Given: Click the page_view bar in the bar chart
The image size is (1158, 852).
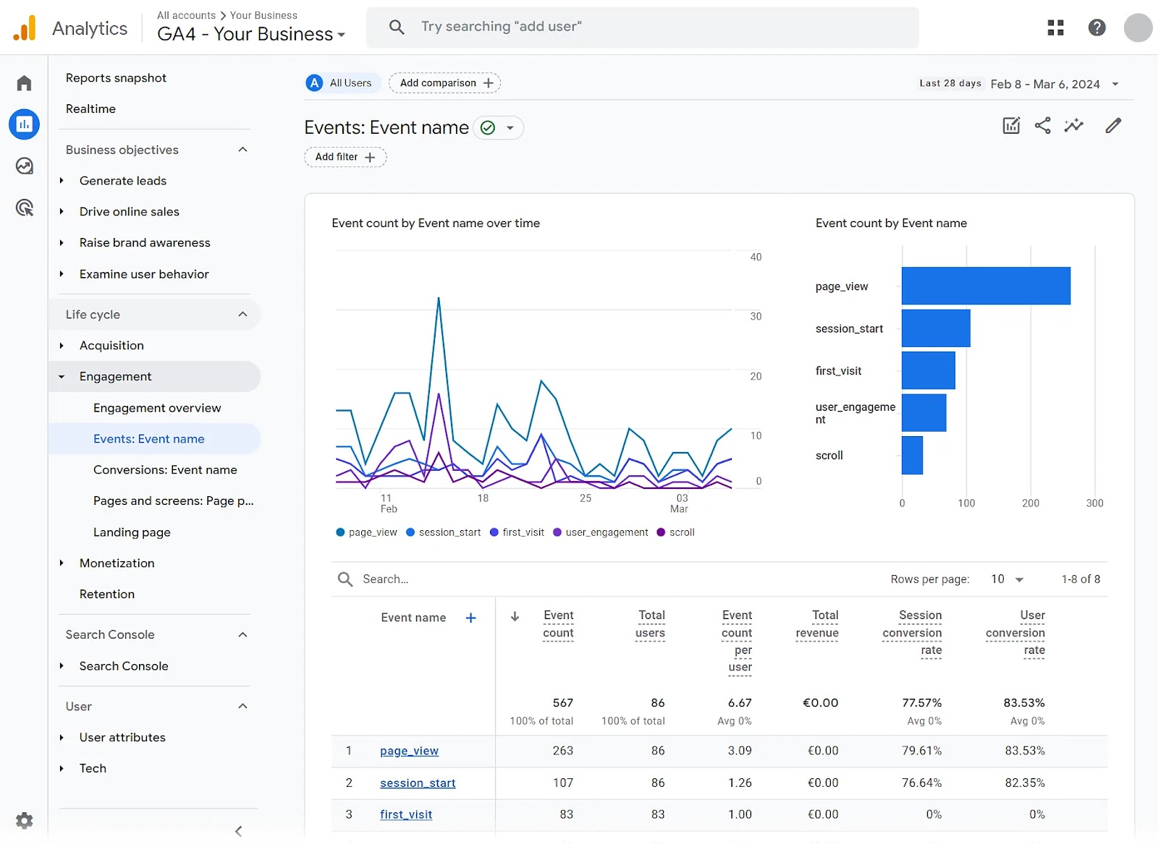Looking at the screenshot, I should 985,286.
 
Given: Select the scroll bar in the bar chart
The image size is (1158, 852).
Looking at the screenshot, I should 912,455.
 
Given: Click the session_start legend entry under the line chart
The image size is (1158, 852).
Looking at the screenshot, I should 444,532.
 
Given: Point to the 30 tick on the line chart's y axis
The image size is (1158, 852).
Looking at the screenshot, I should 756,316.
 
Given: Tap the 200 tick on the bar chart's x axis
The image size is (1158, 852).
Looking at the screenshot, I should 1030,503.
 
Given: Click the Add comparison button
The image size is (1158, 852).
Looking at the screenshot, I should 444,83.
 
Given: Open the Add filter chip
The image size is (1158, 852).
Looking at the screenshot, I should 345,157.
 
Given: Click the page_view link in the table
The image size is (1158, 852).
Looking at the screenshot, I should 409,751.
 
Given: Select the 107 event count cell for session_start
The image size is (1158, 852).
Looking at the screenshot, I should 562,783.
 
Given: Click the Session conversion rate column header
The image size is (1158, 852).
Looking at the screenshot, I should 913,632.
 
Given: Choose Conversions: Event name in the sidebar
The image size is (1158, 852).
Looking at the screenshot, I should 165,470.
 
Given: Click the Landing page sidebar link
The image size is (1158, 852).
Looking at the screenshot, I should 132,532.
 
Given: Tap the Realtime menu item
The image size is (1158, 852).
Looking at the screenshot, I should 90,108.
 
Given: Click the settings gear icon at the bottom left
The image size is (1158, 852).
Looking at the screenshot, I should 24,820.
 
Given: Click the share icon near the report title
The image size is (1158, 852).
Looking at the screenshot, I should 1042,126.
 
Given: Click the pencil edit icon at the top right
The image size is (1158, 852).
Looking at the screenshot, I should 1113,126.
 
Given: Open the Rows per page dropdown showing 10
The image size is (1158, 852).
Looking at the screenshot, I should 1007,579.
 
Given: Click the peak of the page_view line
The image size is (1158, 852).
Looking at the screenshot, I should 439,298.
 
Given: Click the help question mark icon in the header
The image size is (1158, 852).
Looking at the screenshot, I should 1096,27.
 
